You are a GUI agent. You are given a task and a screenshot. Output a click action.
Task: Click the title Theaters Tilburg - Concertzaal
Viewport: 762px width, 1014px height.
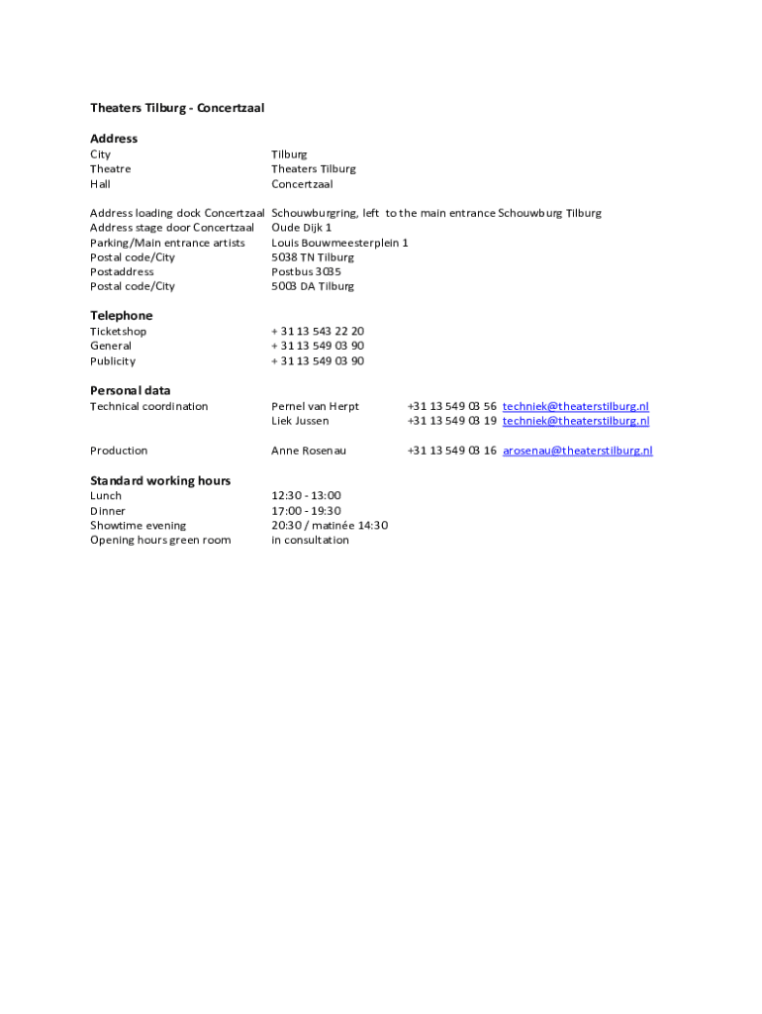pos(177,108)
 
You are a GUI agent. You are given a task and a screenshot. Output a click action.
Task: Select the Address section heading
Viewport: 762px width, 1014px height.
pos(114,139)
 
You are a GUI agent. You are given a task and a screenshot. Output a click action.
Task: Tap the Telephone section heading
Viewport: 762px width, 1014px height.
pos(122,316)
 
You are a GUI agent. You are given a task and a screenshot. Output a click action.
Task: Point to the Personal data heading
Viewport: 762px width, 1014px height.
pos(131,390)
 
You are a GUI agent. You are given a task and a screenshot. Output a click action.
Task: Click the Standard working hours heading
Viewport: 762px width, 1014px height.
pos(160,480)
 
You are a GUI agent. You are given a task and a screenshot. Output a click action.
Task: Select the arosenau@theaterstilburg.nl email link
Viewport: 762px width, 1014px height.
pos(577,451)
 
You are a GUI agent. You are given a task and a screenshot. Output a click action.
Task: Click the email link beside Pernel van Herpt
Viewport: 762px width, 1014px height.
pos(576,406)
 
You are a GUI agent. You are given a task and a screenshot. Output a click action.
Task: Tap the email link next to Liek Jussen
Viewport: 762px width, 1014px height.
pos(576,421)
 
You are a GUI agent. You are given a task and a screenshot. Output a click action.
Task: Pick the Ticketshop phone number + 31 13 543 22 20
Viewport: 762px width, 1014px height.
pos(318,332)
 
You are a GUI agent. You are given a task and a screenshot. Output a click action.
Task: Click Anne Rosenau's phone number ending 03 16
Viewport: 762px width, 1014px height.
pos(451,451)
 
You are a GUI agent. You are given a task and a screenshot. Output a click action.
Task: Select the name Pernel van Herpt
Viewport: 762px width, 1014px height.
pos(316,406)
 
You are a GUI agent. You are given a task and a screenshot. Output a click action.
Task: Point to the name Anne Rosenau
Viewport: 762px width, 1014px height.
pos(309,451)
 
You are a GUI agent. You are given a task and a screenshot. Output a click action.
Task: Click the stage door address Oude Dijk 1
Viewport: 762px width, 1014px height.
pos(302,228)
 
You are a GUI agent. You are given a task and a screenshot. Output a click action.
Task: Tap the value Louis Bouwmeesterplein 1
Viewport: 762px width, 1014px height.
pos(339,243)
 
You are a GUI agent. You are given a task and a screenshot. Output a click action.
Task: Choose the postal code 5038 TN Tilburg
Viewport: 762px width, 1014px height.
pos(312,257)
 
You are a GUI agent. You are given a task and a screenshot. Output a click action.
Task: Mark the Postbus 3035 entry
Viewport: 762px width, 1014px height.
pos(306,271)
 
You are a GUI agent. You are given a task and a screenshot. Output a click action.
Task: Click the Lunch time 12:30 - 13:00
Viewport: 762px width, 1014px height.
pos(306,495)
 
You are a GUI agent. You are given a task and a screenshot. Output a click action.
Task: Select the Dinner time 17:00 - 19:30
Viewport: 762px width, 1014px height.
pos(306,511)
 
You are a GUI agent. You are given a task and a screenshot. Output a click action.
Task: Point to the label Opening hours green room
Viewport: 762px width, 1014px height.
pos(160,540)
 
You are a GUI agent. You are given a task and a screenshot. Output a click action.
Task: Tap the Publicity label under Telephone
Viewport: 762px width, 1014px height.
pos(113,361)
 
